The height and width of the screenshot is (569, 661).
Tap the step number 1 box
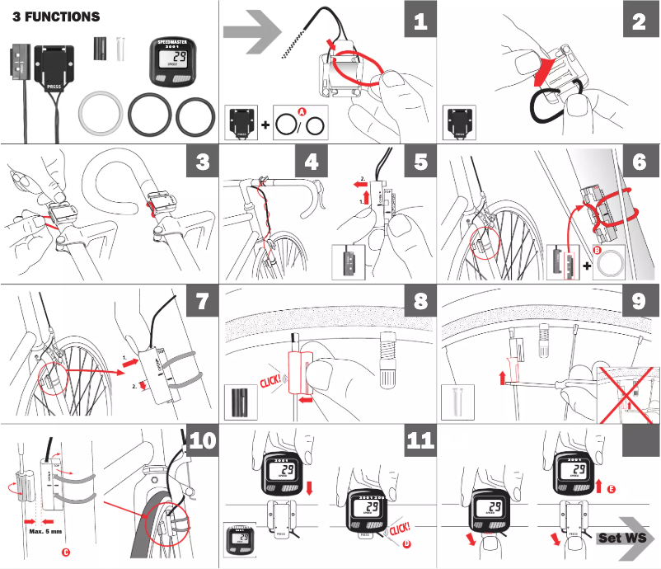click(420, 21)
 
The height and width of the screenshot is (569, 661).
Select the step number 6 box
click(639, 162)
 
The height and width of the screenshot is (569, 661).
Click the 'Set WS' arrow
click(624, 538)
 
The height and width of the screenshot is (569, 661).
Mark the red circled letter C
click(65, 552)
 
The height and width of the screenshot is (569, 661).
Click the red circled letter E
click(611, 489)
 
